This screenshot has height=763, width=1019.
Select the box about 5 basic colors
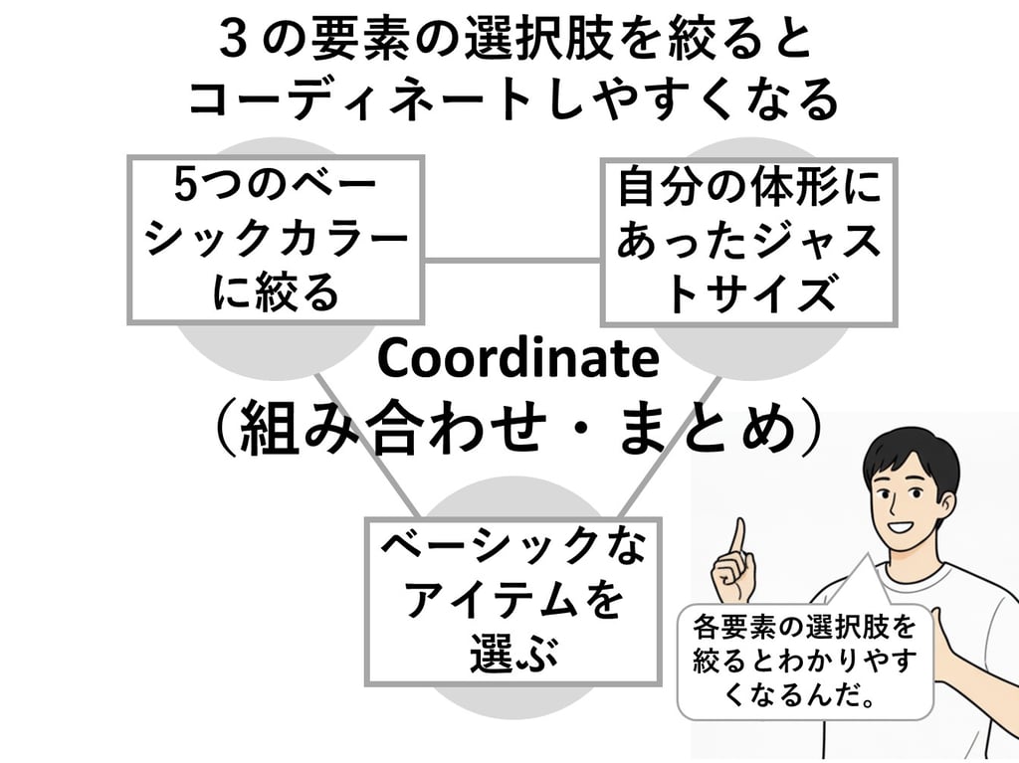click(276, 240)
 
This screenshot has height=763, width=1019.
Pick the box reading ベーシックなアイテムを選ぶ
click(512, 600)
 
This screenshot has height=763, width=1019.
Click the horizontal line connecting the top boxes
click(511, 262)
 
